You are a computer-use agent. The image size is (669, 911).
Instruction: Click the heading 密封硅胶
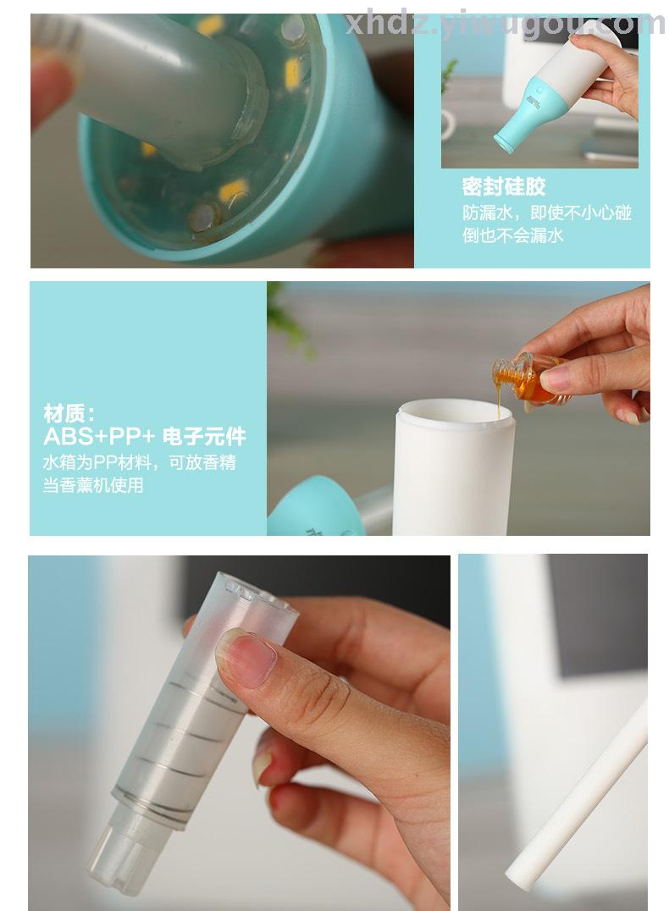(x=504, y=187)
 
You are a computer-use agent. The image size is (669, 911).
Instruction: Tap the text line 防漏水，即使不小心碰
(x=547, y=213)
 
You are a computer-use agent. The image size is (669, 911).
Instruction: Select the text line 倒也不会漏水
(x=513, y=235)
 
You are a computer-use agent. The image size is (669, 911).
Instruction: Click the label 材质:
(x=69, y=414)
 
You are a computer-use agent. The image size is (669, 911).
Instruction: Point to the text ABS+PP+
(x=100, y=436)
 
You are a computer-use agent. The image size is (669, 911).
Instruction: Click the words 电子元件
(x=204, y=436)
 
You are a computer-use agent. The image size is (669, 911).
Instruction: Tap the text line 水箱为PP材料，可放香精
(x=140, y=462)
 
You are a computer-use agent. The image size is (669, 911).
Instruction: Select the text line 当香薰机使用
(x=93, y=484)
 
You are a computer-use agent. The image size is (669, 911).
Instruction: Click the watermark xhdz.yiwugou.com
(x=505, y=25)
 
